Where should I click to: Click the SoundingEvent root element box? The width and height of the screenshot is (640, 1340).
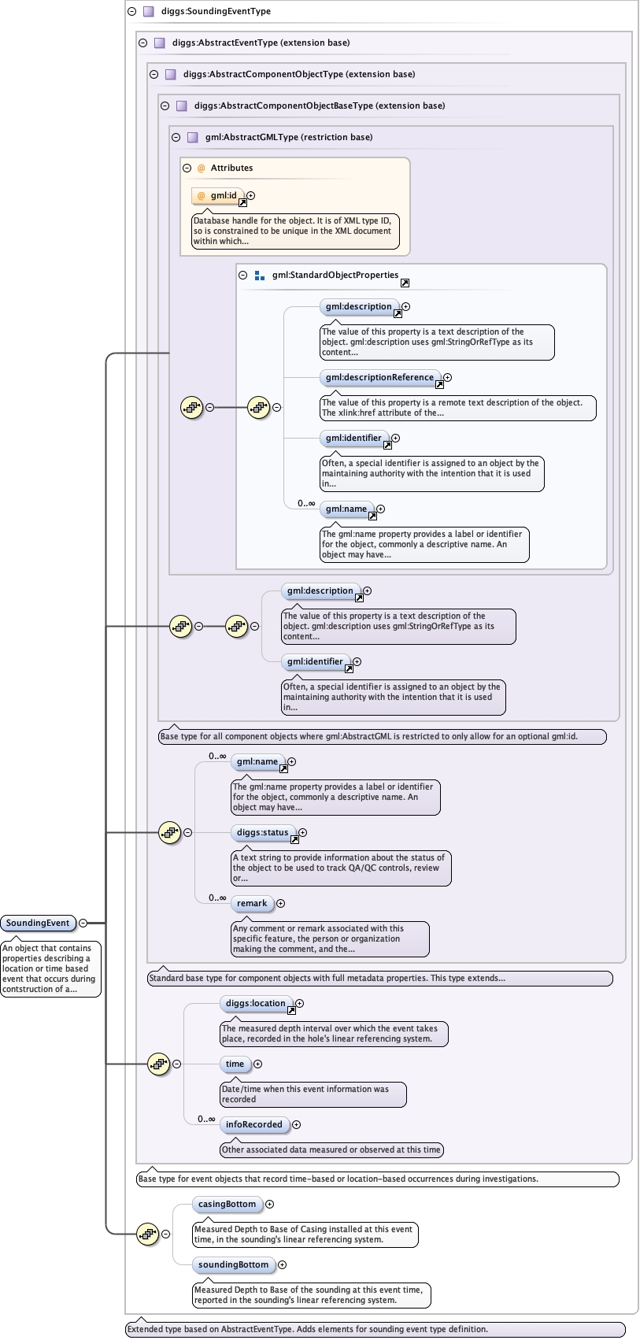(38, 923)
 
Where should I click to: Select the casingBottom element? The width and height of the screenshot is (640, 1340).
(227, 1204)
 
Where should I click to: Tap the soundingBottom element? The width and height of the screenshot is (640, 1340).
(233, 1264)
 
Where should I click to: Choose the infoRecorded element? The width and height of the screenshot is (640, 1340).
(253, 1124)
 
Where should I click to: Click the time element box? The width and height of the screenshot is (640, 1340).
(235, 1064)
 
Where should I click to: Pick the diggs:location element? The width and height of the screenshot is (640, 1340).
(255, 1003)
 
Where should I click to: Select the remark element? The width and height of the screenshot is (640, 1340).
(252, 903)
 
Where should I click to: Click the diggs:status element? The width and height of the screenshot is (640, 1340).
(262, 832)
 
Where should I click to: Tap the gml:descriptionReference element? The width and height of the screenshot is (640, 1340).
(379, 377)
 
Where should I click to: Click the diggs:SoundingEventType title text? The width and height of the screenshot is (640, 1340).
(216, 11)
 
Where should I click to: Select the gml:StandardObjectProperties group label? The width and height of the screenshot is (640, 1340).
(335, 275)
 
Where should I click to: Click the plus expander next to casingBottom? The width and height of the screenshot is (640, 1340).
(269, 1204)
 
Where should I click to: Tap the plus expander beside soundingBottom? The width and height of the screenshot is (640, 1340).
(282, 1264)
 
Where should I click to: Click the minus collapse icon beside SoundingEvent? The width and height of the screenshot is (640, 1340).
(83, 923)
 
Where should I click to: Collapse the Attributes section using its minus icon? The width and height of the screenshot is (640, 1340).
(187, 168)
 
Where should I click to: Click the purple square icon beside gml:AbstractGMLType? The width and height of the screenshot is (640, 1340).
(192, 137)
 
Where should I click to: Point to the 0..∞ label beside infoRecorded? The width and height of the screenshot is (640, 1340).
(206, 1119)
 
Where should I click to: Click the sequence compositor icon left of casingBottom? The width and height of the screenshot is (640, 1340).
(147, 1234)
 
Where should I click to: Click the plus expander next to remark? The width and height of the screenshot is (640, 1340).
(280, 903)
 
